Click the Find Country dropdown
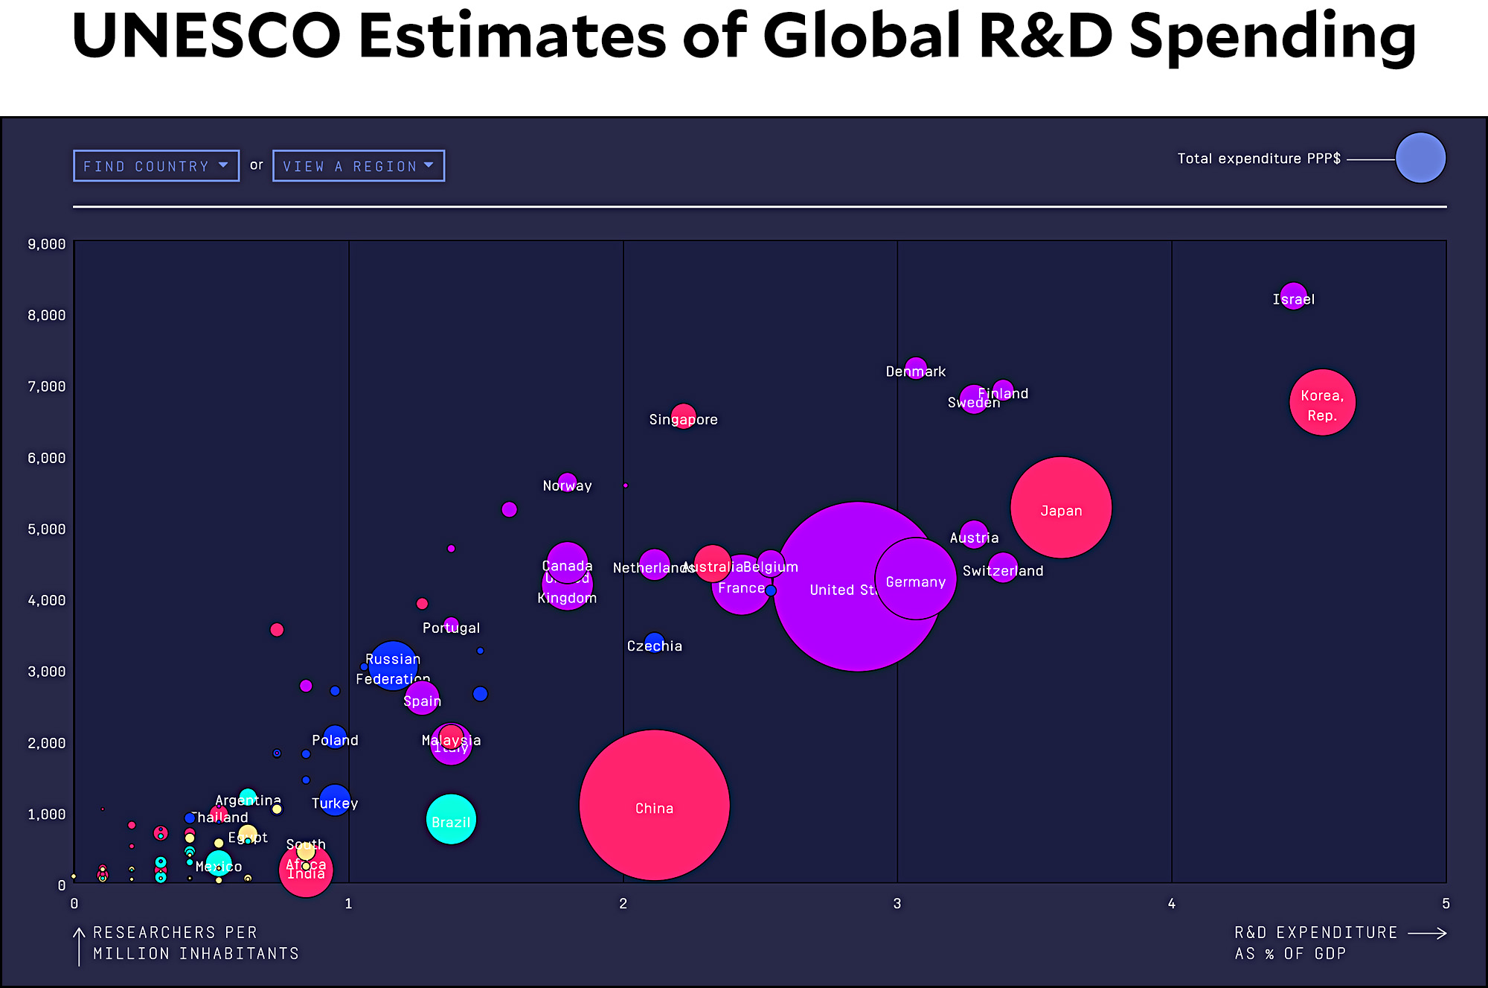click(x=156, y=166)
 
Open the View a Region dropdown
click(x=359, y=166)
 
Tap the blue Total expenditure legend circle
click(x=1420, y=158)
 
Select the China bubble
click(x=654, y=805)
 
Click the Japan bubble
click(x=1061, y=508)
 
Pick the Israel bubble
click(x=1294, y=296)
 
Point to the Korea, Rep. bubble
click(x=1322, y=402)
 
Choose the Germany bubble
click(x=916, y=579)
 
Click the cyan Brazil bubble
click(x=451, y=819)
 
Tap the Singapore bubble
click(x=684, y=415)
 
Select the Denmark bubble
click(x=916, y=368)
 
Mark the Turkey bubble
click(x=335, y=800)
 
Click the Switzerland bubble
click(x=1003, y=568)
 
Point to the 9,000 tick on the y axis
click(x=47, y=244)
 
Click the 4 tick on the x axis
click(x=1172, y=904)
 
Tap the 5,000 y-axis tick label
click(x=47, y=529)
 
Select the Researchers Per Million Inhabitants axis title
click(x=196, y=943)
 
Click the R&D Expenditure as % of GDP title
click(x=1315, y=943)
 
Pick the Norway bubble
click(x=567, y=482)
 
